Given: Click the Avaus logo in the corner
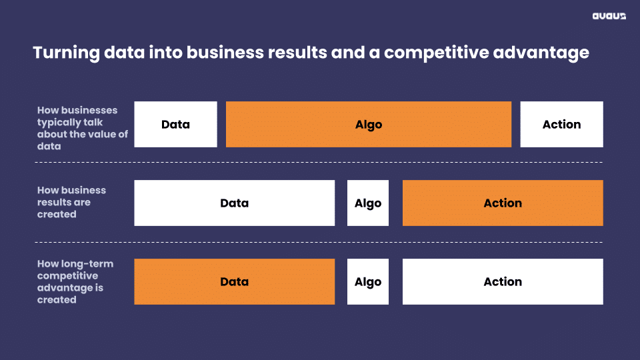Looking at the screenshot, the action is (x=609, y=16).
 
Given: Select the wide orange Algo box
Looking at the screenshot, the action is (x=369, y=125).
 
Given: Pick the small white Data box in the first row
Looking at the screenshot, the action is (x=175, y=125).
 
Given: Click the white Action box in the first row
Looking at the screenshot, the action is (x=561, y=125).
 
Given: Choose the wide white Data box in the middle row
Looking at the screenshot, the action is (x=234, y=203).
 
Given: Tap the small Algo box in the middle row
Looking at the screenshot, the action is (x=368, y=203).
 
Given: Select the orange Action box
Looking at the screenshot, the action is (x=503, y=203).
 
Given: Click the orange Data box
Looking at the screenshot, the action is (x=234, y=281).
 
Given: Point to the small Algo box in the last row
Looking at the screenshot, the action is (x=368, y=281).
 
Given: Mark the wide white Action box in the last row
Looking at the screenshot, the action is (x=503, y=281).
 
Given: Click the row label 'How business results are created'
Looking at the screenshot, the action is (x=71, y=203).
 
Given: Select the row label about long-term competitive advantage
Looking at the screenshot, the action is (x=75, y=281).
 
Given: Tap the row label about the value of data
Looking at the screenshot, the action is (x=83, y=128).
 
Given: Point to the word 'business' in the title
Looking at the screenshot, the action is (x=225, y=53).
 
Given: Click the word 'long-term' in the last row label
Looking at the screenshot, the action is (x=87, y=264).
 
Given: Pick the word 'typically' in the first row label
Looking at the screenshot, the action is (x=64, y=123).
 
